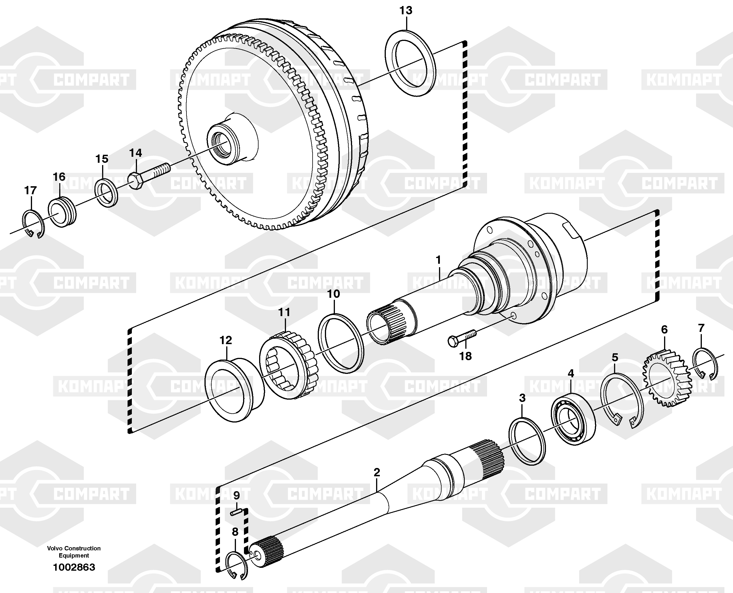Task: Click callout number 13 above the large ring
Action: [406, 11]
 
